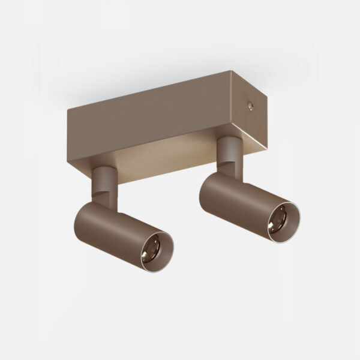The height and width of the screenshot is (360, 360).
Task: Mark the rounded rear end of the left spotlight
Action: point(87,213)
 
